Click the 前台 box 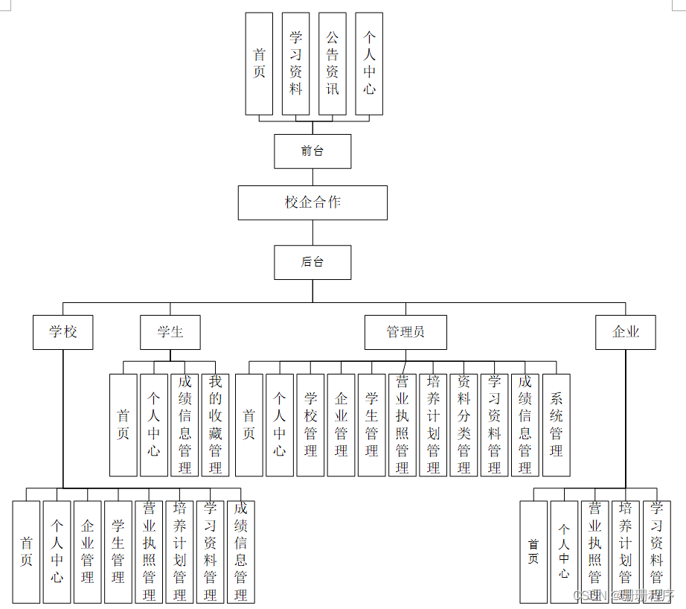312,151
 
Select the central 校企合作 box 312,203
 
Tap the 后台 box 312,262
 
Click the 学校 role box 63,332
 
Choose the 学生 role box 170,332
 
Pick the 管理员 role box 405,332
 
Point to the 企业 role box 626,332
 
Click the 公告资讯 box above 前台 333,64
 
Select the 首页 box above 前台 259,64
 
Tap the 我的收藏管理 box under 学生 216,424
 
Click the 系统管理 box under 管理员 557,424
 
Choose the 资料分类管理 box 464,424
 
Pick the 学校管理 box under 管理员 310,424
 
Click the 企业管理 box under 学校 88,551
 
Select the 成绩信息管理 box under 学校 240,551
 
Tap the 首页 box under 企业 533,551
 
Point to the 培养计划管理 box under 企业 625,551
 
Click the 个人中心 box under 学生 154,424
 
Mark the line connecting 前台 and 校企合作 312,177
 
